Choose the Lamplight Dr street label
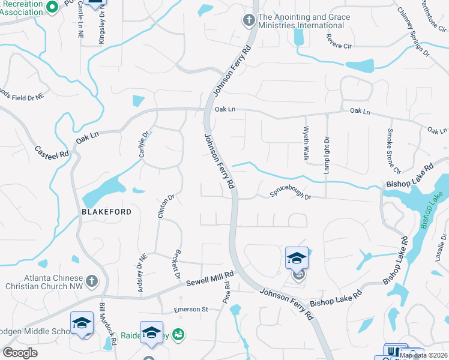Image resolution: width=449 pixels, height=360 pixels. [x=327, y=147]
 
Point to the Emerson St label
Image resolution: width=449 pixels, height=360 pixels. [x=190, y=310]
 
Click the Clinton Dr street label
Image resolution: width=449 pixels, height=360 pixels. [x=166, y=206]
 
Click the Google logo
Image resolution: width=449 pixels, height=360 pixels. [x=20, y=353]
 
